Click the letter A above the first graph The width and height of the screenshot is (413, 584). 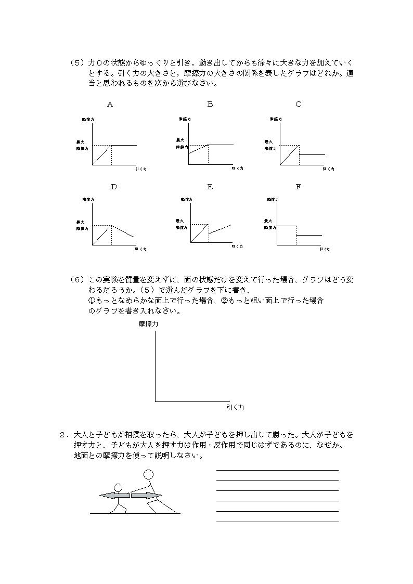point(110,105)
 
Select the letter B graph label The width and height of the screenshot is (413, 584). point(210,105)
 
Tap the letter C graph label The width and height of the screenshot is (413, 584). point(299,105)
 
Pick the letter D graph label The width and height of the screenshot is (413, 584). point(114,187)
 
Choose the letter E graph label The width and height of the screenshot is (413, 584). point(210,187)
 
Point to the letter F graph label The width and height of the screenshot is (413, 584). point(299,187)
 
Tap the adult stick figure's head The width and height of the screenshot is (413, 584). point(149,474)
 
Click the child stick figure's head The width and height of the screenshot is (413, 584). point(118,488)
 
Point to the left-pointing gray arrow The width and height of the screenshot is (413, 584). point(114,496)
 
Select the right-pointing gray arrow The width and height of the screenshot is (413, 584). point(146,496)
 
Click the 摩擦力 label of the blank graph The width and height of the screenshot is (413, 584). point(148,324)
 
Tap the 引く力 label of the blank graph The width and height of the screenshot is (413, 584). point(235,408)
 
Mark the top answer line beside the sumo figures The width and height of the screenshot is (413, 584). point(277,470)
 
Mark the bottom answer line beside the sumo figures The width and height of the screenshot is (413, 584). point(277,521)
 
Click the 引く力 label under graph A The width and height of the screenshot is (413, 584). point(140,169)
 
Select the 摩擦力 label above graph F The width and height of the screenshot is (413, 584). point(273,200)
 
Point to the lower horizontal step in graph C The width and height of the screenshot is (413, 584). point(312,155)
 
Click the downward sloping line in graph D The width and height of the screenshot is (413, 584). point(123,231)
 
